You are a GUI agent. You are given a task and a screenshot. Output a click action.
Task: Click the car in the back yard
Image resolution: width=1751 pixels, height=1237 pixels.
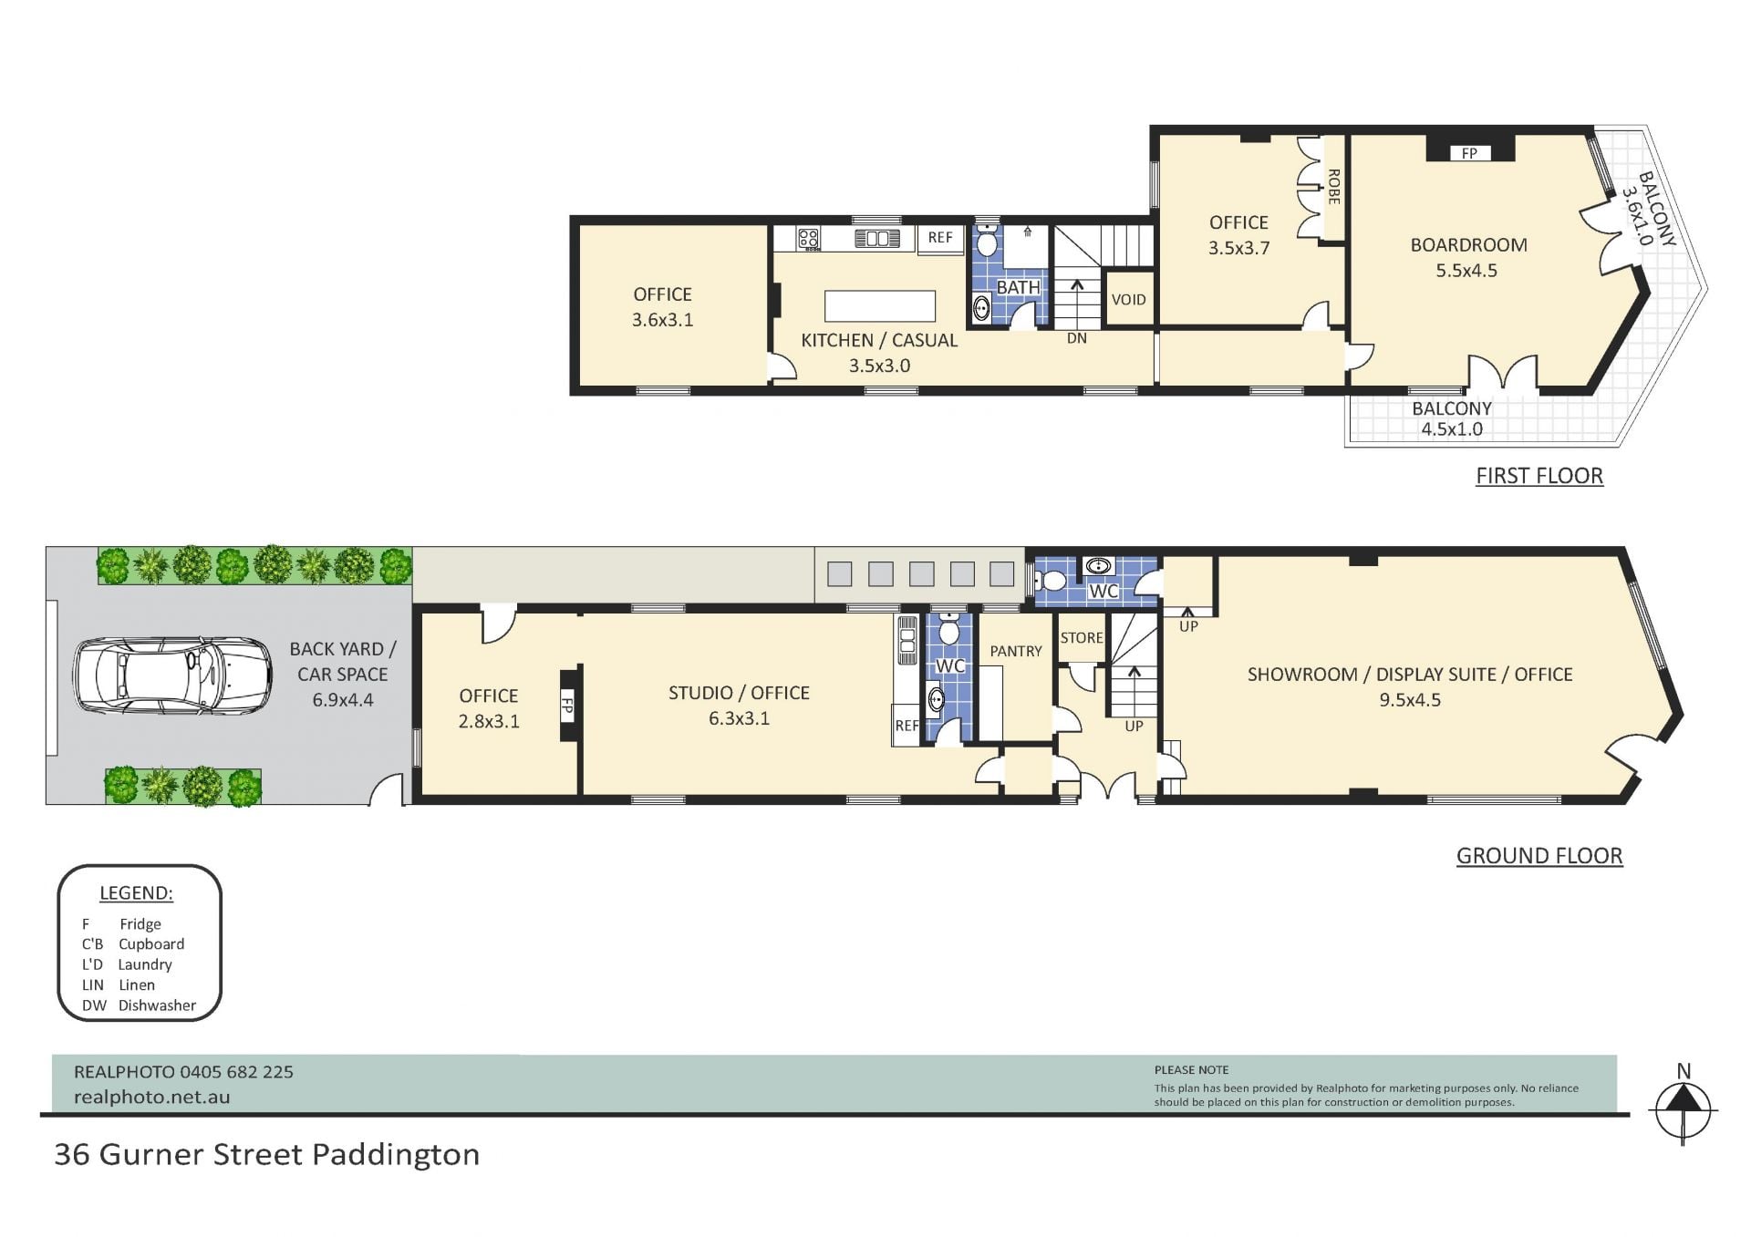[172, 675]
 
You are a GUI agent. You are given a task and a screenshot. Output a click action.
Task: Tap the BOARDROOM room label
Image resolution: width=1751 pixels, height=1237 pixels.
[1468, 245]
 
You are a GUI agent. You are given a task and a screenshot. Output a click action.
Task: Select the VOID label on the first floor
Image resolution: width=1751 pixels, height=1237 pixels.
[1128, 300]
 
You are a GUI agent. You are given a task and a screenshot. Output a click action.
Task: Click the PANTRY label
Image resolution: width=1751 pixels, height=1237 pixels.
[1015, 651]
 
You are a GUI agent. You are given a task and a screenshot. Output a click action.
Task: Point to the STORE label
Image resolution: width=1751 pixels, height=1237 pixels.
[1082, 638]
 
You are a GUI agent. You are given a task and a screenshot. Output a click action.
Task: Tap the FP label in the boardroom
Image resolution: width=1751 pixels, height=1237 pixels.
[1469, 153]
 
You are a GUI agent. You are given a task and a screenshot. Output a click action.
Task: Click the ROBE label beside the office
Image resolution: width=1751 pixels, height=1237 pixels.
[1333, 187]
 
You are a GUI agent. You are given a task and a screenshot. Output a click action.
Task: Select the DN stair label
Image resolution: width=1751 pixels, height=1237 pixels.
[1077, 338]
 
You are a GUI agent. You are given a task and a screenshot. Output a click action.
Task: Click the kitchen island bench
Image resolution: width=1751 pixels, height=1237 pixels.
[879, 305]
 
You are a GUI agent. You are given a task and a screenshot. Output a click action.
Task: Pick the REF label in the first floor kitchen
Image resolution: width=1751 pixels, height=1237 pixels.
[940, 237]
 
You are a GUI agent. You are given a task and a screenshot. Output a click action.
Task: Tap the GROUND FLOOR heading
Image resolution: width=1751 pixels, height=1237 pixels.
[1539, 856]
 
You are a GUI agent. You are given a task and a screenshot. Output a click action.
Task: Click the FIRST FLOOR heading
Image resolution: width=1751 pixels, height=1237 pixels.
[1539, 476]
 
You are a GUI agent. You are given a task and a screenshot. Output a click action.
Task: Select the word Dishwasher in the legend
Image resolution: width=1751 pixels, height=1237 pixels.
[157, 1005]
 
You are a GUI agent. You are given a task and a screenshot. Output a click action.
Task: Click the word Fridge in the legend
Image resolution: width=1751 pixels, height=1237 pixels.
[140, 924]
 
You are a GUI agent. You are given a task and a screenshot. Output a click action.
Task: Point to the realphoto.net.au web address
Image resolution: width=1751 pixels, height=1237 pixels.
[151, 1098]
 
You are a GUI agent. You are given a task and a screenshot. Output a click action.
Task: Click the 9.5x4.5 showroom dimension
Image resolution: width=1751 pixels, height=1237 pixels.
[1410, 700]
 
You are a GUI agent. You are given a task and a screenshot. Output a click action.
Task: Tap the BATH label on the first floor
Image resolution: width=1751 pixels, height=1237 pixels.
[1018, 287]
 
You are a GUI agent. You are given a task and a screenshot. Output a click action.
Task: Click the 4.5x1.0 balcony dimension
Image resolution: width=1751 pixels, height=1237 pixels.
[1452, 429]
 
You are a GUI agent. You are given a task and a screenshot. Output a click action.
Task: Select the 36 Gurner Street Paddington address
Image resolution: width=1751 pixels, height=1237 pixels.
[266, 1155]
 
